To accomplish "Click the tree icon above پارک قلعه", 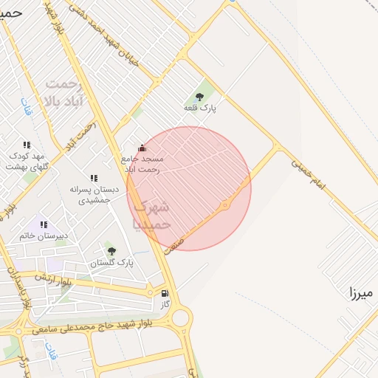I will pos(199,97).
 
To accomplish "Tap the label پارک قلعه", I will pos(200,109).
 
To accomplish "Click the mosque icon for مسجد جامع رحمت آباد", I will pos(142,148).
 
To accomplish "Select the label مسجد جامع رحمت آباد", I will pos(143,164).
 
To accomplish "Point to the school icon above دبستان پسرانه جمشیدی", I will pos(94,178).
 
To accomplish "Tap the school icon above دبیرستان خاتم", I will pos(44,224).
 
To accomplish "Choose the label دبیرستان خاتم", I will pos(44,236).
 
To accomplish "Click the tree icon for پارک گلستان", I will pos(111,251).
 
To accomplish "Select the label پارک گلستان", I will pos(112,263).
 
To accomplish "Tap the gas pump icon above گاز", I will pos(164,292).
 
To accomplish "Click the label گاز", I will pos(165,303).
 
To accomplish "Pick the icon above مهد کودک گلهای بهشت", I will pos(27,145).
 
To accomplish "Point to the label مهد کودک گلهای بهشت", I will pos(27,161).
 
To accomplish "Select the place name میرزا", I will pos(362,293).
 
